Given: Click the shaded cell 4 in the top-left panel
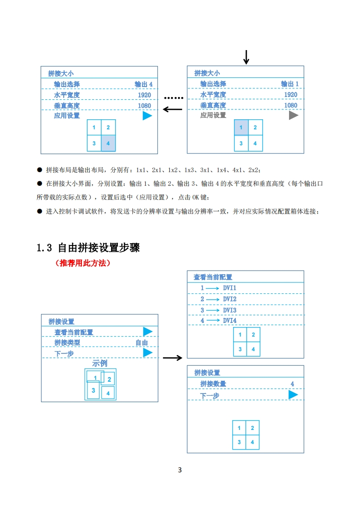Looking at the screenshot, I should pyautogui.click(x=108, y=143).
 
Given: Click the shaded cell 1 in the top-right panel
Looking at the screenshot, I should pyautogui.click(x=241, y=128).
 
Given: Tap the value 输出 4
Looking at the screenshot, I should pyautogui.click(x=143, y=84).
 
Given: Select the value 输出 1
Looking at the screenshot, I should pyautogui.click(x=290, y=84).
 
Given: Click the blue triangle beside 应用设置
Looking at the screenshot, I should pyautogui.click(x=147, y=116).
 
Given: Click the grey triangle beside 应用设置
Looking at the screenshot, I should pyautogui.click(x=294, y=115).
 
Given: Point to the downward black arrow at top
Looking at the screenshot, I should pyautogui.click(x=246, y=57).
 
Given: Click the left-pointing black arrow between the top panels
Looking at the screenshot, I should pyautogui.click(x=172, y=109).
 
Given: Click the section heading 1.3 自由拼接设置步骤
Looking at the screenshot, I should pyautogui.click(x=88, y=248).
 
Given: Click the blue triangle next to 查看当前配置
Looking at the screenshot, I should pyautogui.click(x=147, y=332).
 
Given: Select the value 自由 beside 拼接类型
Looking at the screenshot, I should pyautogui.click(x=142, y=343).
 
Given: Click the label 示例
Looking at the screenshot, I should pyautogui.click(x=100, y=363).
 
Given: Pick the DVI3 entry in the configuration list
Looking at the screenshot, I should pyautogui.click(x=229, y=310).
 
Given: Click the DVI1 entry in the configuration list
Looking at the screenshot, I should pyautogui.click(x=229, y=288).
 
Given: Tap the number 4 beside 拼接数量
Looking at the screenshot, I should pyautogui.click(x=292, y=384).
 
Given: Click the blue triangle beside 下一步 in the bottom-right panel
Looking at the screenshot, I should pyautogui.click(x=293, y=395).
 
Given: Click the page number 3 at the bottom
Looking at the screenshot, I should pyautogui.click(x=180, y=470).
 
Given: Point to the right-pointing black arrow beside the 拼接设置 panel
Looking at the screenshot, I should pyautogui.click(x=172, y=358).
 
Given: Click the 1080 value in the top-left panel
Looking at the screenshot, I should pyautogui.click(x=144, y=106).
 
